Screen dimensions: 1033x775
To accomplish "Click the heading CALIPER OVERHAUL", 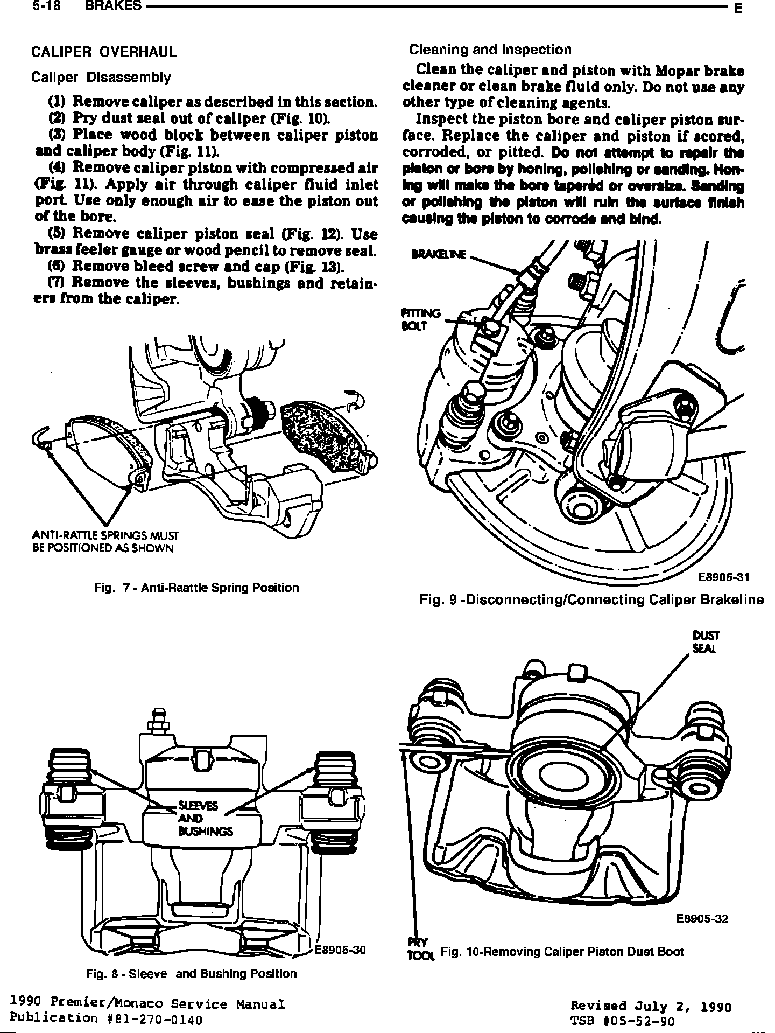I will click(104, 52).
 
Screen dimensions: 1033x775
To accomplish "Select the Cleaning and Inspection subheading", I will click(490, 50).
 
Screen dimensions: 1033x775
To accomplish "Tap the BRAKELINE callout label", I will click(438, 254).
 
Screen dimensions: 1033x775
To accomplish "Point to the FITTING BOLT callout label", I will click(421, 319).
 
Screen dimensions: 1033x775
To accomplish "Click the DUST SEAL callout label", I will click(706, 642).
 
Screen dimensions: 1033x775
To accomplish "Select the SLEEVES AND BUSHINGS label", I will click(205, 819).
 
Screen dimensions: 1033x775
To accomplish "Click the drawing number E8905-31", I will click(723, 577).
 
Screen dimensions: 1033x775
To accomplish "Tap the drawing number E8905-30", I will click(340, 950).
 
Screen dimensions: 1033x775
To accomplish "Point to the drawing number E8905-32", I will click(702, 918).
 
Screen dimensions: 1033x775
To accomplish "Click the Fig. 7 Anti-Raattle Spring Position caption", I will click(196, 588).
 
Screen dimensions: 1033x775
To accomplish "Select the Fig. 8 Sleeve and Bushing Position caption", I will click(192, 974).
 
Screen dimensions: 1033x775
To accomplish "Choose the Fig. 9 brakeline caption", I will click(591, 600).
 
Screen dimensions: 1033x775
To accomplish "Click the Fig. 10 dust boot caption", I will click(562, 952).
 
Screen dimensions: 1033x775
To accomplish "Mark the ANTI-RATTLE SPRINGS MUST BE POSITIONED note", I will click(105, 542).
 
